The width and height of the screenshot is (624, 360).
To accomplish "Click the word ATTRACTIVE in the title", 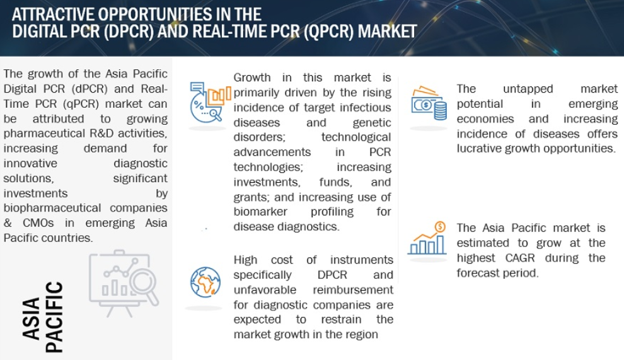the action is [x=53, y=15].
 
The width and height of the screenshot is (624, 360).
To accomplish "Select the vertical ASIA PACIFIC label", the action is [x=43, y=317].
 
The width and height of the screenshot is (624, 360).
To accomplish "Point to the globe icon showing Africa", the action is [x=205, y=282].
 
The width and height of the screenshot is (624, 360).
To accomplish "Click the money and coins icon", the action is [x=429, y=103].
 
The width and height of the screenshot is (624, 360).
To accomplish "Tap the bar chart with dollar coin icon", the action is [x=427, y=238].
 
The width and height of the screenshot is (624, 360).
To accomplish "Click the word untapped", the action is [x=528, y=89].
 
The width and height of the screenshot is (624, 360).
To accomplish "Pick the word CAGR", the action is [x=520, y=258].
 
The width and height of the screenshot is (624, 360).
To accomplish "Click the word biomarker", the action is [x=260, y=211].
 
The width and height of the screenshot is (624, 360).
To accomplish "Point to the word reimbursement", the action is [x=352, y=289].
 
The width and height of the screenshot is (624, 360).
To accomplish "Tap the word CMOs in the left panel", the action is [x=38, y=223].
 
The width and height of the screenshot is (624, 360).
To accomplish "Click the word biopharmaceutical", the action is [x=52, y=208].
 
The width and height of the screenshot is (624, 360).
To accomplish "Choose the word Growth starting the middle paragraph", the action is [x=252, y=78].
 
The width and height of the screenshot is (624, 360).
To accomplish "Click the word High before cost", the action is [x=245, y=260].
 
